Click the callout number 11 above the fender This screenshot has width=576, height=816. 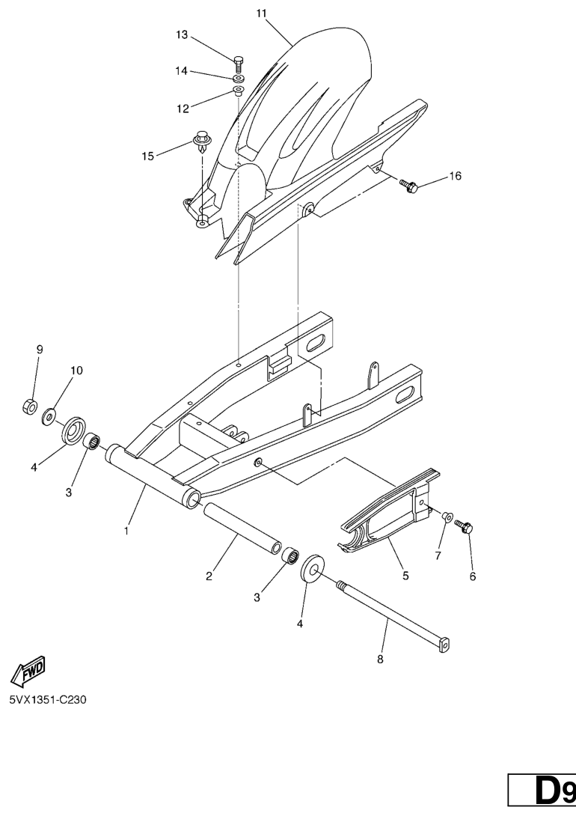tap(261, 13)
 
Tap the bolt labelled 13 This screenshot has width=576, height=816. tap(239, 64)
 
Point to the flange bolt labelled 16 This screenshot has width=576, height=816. tap(409, 185)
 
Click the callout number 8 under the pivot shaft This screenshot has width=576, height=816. tap(380, 660)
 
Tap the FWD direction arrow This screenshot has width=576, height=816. tap(28, 670)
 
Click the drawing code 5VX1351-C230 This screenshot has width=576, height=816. tap(48, 700)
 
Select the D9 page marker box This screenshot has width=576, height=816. tap(542, 793)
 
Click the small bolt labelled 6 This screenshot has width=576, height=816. tap(464, 526)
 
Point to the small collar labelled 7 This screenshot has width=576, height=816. tap(447, 516)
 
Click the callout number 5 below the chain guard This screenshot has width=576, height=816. tap(405, 576)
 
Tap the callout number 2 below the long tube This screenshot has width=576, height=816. tap(209, 576)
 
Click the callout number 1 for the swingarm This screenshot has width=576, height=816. tap(126, 532)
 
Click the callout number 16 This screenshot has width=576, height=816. tap(455, 176)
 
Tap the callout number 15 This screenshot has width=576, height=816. tap(148, 156)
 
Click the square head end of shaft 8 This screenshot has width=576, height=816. tap(444, 645)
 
